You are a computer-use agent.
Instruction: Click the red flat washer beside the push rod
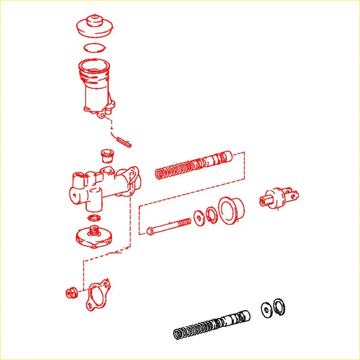point(199,217)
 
